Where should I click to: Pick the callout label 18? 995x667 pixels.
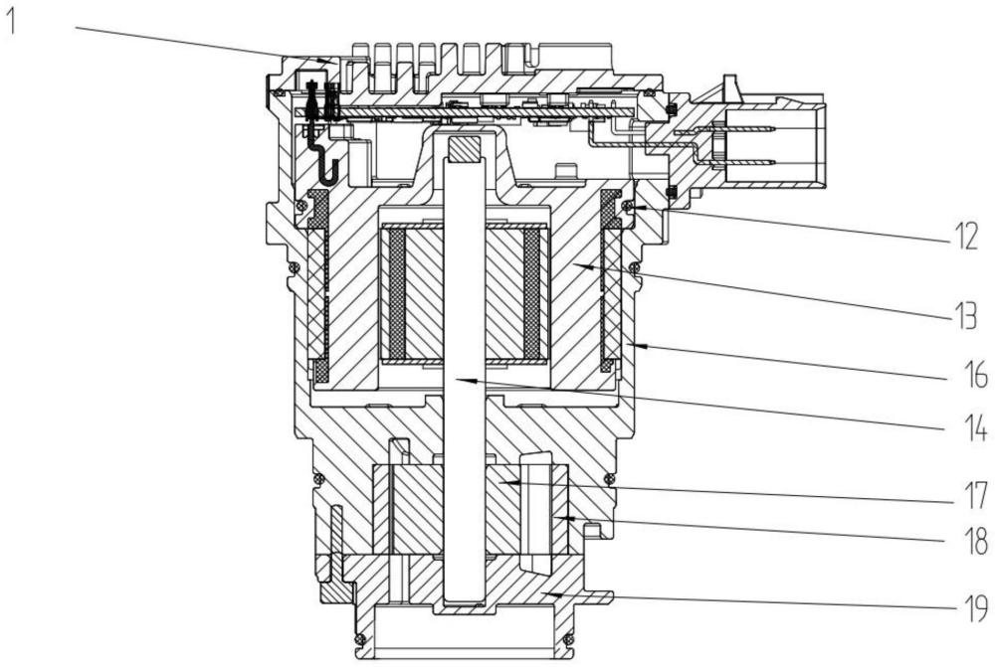tap(973, 541)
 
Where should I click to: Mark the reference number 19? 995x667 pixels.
tap(973, 608)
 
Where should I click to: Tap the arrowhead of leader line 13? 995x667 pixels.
tap(584, 267)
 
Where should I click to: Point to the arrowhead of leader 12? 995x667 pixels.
tap(637, 207)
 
